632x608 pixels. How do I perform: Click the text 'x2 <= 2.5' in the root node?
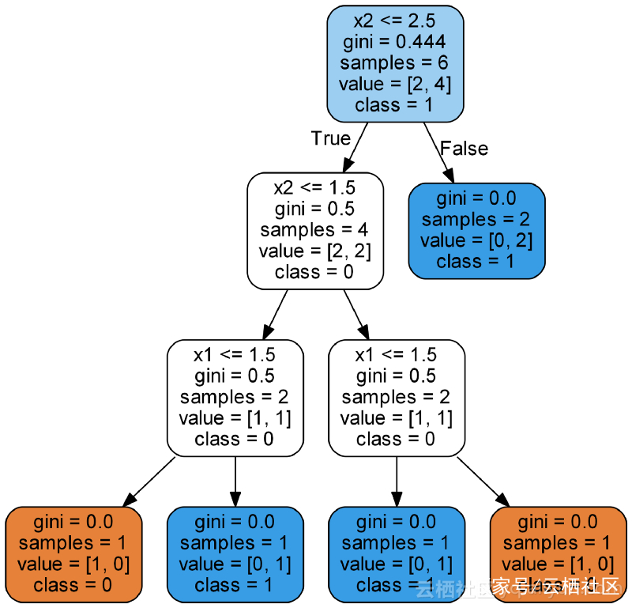tap(395, 21)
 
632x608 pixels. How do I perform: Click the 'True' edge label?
tap(330, 138)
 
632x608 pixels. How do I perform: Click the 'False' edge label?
tap(464, 149)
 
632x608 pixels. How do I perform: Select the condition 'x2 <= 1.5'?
tap(314, 187)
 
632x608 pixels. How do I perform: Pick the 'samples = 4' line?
tap(314, 230)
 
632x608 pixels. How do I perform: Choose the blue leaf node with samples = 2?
tap(476, 230)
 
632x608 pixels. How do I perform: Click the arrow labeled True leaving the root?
tap(355, 148)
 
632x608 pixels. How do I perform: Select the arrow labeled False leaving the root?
tap(438, 152)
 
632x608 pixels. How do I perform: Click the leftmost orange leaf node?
tap(73, 553)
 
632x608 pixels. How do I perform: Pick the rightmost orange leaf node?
tap(558, 553)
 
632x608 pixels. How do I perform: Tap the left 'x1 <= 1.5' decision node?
tap(235, 396)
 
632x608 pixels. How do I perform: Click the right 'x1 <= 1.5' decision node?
tap(396, 396)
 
